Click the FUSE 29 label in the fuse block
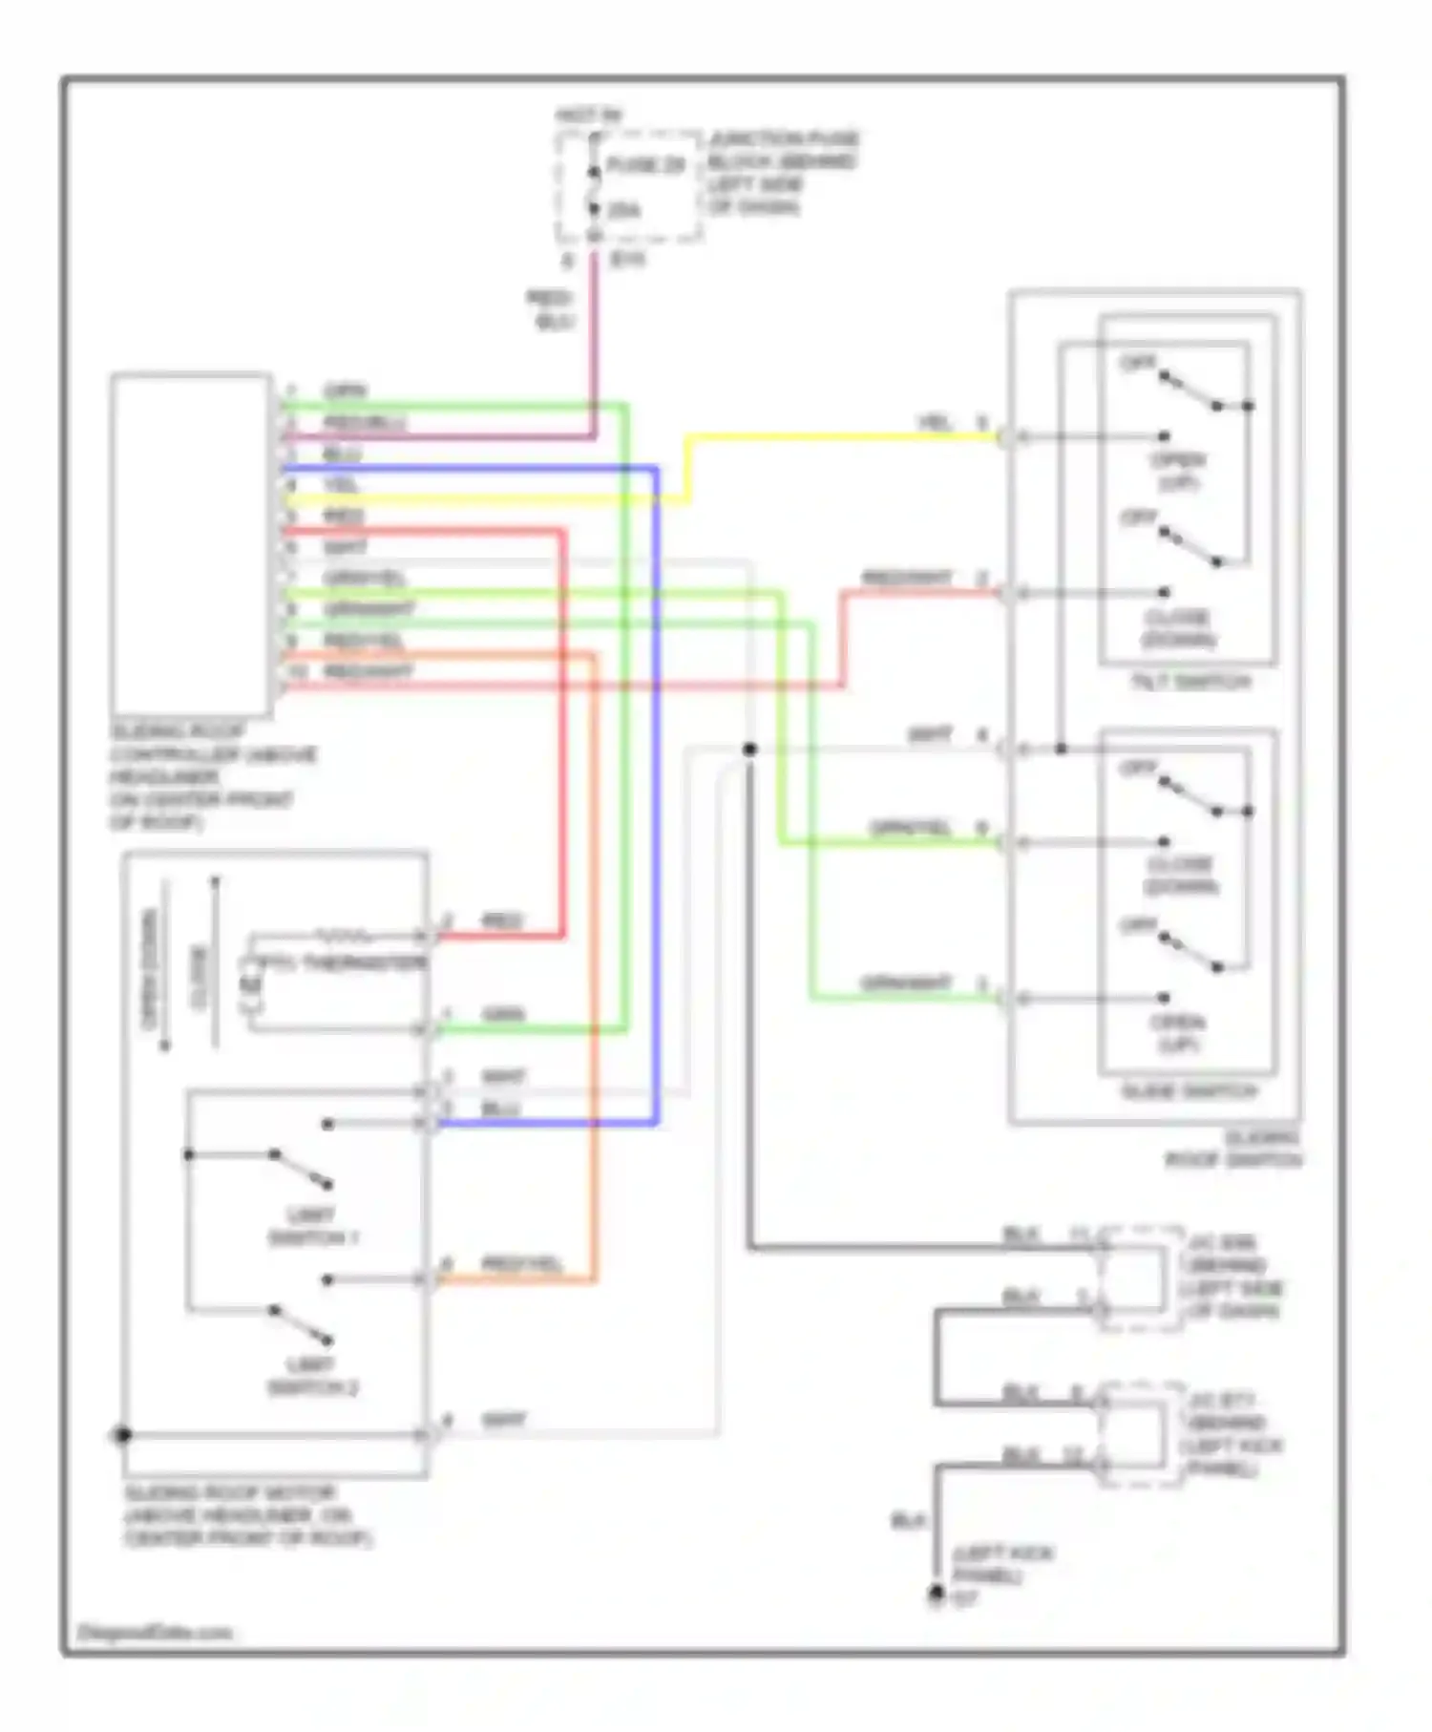pyautogui.click(x=645, y=165)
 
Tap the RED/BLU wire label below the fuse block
pyautogui.click(x=551, y=310)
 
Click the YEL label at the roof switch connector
pyautogui.click(x=934, y=422)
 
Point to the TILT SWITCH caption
pyautogui.click(x=1190, y=682)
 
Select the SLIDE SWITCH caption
pyautogui.click(x=1190, y=1090)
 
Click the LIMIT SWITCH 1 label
pyautogui.click(x=313, y=1227)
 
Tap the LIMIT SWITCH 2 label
pyautogui.click(x=313, y=1376)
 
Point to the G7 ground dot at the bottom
pyautogui.click(x=937, y=1593)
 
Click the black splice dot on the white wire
pyautogui.click(x=749, y=750)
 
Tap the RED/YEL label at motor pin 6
pyautogui.click(x=521, y=1264)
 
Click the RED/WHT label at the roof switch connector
pyautogui.click(x=907, y=579)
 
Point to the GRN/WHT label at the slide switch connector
pyautogui.click(x=907, y=982)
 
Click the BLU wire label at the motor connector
pyautogui.click(x=500, y=1109)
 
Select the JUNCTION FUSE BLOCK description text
pyautogui.click(x=782, y=173)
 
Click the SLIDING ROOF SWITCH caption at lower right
pyautogui.click(x=1233, y=1149)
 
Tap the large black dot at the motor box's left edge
pyautogui.click(x=122, y=1435)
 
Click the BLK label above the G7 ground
pyautogui.click(x=908, y=1520)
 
